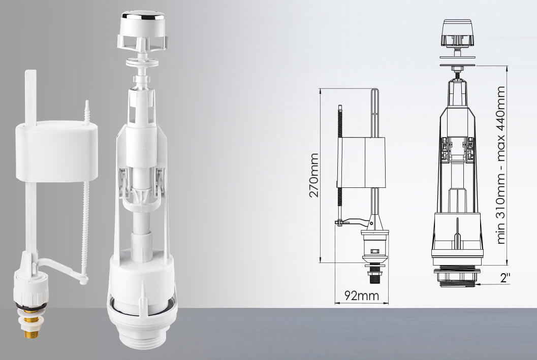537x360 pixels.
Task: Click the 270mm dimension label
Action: [x=314, y=176]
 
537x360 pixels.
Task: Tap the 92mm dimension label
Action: [x=362, y=296]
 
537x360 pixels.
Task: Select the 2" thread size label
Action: [x=505, y=278]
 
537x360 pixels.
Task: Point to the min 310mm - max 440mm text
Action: [x=500, y=165]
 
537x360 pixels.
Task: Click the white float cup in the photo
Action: [x=56, y=151]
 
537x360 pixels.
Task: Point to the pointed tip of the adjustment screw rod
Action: [x=87, y=101]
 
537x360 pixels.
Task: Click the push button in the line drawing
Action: [x=458, y=32]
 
